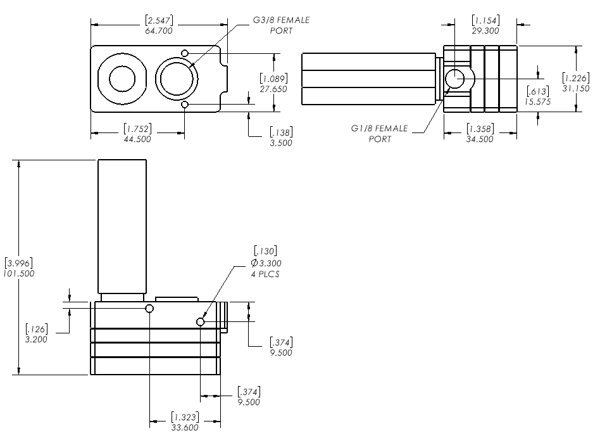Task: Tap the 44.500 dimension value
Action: [137, 139]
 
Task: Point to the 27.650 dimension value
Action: [274, 89]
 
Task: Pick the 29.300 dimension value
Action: [486, 30]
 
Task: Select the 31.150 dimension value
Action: [576, 87]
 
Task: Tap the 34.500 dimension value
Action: [479, 139]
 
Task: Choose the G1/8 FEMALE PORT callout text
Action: [380, 133]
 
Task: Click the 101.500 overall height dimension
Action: [19, 273]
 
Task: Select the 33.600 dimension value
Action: [184, 427]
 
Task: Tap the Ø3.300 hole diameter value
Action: [266, 262]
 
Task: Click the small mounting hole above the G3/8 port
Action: [185, 53]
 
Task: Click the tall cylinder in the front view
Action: [122, 226]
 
